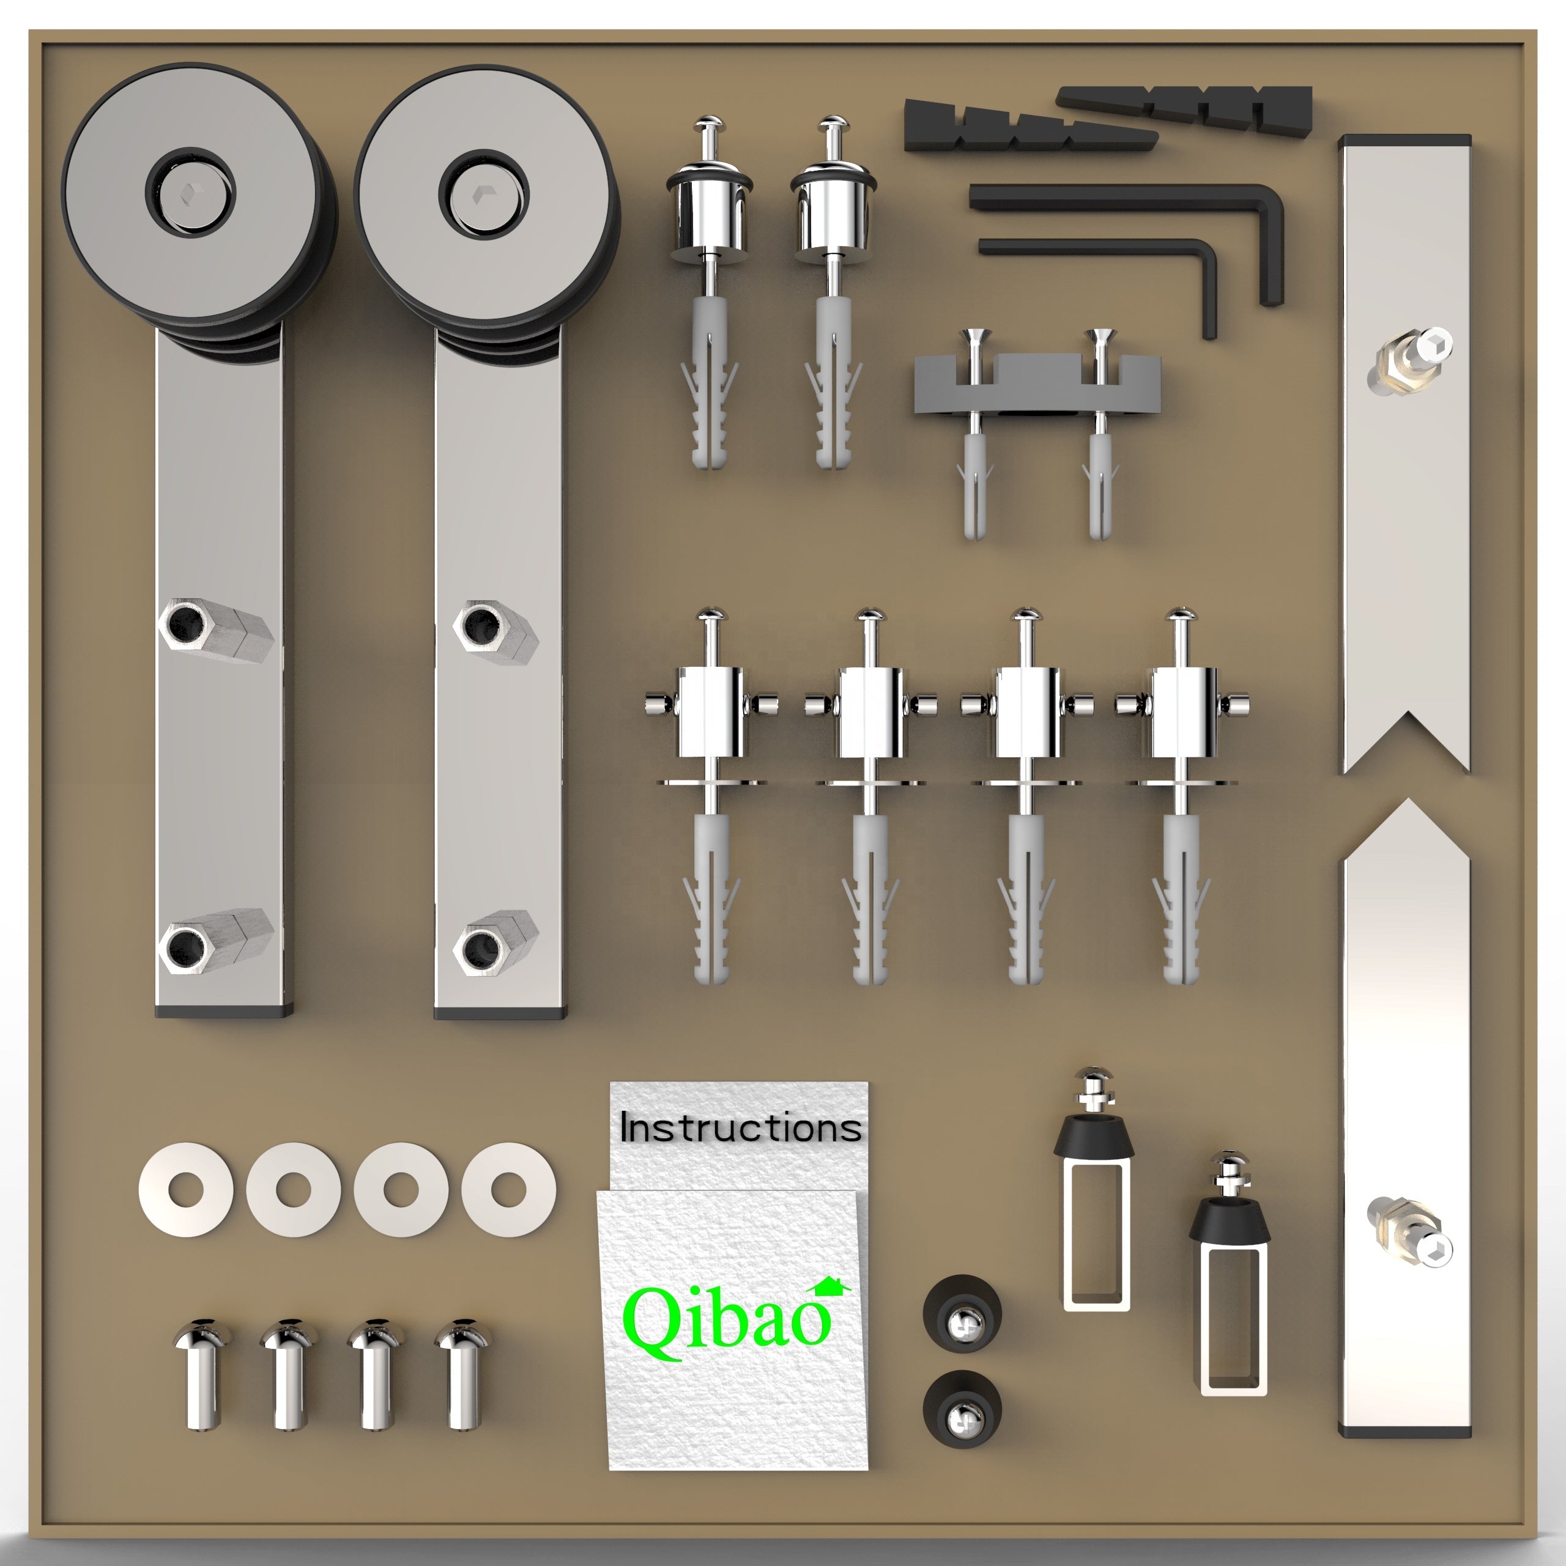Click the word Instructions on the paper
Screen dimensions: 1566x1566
[x=740, y=1128]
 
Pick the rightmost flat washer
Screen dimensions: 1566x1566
[x=509, y=1190]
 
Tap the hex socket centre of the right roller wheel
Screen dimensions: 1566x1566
[x=483, y=195]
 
